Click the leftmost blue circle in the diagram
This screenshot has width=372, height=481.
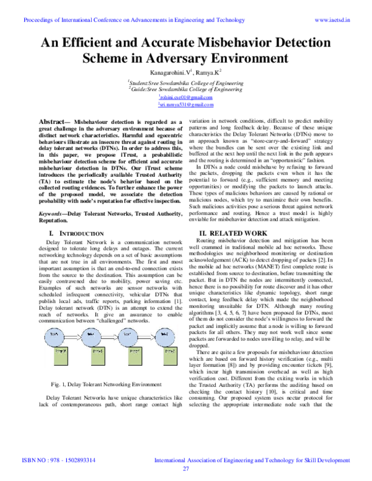coord(54,337)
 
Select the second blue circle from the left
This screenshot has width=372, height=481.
coord(91,337)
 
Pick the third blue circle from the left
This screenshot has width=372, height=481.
coord(127,337)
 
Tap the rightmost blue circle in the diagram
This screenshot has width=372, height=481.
coord(165,337)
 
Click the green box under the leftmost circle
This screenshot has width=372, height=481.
coord(61,356)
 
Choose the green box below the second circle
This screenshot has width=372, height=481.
coord(98,356)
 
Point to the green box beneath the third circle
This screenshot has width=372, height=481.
coord(135,356)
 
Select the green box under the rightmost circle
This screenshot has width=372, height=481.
coord(170,356)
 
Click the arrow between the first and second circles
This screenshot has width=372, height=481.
coord(73,337)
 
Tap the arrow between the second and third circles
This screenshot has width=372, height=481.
coord(109,337)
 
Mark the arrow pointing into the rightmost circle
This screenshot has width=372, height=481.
coord(146,337)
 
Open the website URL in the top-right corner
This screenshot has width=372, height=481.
coord(332,20)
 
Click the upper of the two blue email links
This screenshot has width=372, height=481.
coord(185,97)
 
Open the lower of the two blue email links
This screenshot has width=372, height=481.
coord(185,105)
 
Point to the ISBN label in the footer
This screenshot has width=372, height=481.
coord(28,461)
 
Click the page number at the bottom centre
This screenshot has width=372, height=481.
coord(185,469)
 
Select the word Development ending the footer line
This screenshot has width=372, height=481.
coord(334,461)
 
